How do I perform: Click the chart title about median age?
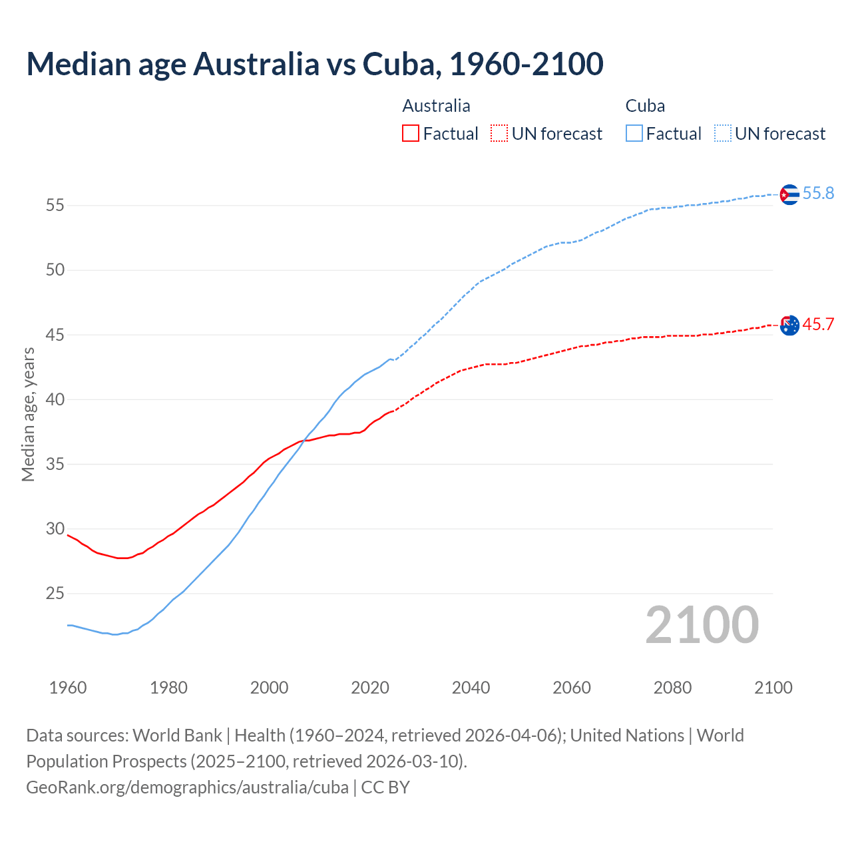(x=315, y=64)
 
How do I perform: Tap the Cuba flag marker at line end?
(x=789, y=194)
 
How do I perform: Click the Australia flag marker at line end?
(x=789, y=325)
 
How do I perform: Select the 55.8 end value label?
(x=818, y=193)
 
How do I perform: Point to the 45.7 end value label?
(x=818, y=324)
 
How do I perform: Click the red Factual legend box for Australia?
(x=411, y=134)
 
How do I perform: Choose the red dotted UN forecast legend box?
(x=499, y=134)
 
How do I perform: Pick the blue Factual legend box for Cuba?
(x=634, y=134)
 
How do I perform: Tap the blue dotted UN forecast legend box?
(x=723, y=134)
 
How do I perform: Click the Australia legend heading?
(x=436, y=106)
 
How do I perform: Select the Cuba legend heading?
(x=645, y=106)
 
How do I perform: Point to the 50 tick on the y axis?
(x=55, y=270)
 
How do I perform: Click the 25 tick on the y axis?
(x=55, y=593)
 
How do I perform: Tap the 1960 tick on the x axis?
(x=68, y=688)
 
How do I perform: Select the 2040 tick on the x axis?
(x=471, y=688)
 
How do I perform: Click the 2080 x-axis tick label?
(x=672, y=688)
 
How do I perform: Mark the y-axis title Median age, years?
(x=28, y=414)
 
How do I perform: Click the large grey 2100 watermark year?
(x=702, y=625)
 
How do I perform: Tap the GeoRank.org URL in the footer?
(x=187, y=787)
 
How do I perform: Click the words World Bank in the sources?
(x=177, y=736)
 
